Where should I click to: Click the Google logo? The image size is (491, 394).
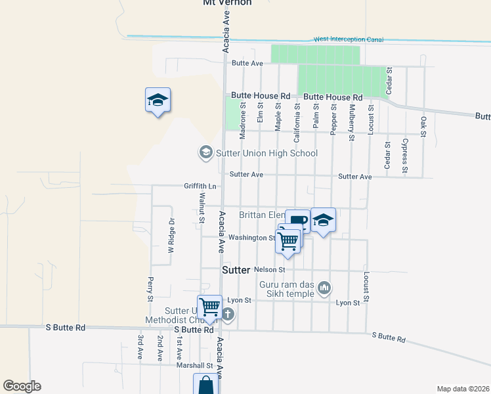point(22,386)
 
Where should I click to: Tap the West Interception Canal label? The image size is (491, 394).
point(348,40)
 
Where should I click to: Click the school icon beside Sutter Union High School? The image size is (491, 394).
point(205,153)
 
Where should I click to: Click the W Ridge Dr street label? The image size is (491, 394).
point(170,236)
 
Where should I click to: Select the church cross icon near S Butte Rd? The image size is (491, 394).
point(228,314)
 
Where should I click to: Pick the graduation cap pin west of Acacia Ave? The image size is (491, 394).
point(158,100)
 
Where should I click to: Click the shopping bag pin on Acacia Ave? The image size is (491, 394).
point(206,385)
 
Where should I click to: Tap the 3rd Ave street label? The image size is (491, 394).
point(140,347)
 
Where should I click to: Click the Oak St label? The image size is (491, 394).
point(423,127)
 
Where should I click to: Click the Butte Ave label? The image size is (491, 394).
point(247,63)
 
